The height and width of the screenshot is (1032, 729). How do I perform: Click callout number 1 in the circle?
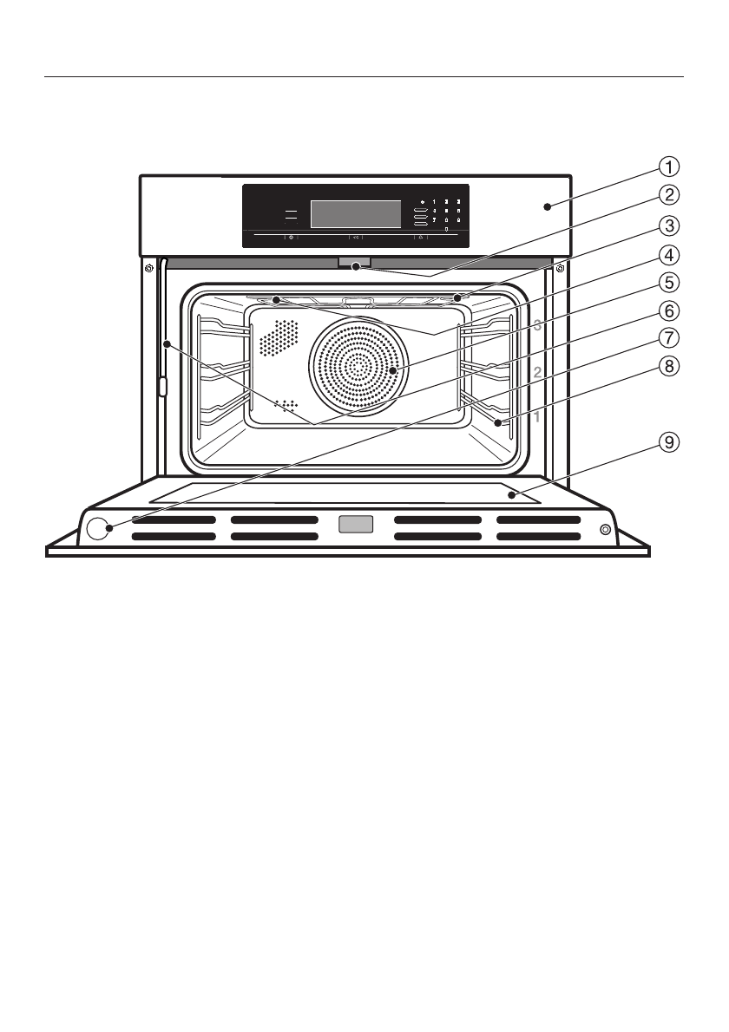pos(667,165)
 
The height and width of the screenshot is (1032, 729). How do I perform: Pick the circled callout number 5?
pos(667,282)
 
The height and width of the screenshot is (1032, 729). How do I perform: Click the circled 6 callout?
pos(667,310)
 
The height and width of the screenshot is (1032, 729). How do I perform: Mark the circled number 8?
pos(667,365)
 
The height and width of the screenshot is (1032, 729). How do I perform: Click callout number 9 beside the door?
pos(667,443)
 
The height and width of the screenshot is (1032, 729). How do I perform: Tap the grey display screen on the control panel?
pos(356,213)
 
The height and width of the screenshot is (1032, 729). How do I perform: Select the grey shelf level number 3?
pos(537,327)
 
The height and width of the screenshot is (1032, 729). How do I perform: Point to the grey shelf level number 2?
pos(537,372)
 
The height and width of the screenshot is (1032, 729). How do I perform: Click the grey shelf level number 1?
pos(537,417)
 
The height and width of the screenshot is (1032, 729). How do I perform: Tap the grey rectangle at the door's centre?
pos(356,524)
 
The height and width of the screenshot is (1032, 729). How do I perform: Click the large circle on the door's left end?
pos(99,528)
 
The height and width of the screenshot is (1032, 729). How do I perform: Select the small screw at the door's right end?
pos(604,529)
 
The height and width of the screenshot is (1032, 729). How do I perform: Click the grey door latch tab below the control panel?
pos(355,262)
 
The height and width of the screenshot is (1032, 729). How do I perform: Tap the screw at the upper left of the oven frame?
pos(150,266)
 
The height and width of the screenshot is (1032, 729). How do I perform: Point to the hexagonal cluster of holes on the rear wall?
pos(278,337)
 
